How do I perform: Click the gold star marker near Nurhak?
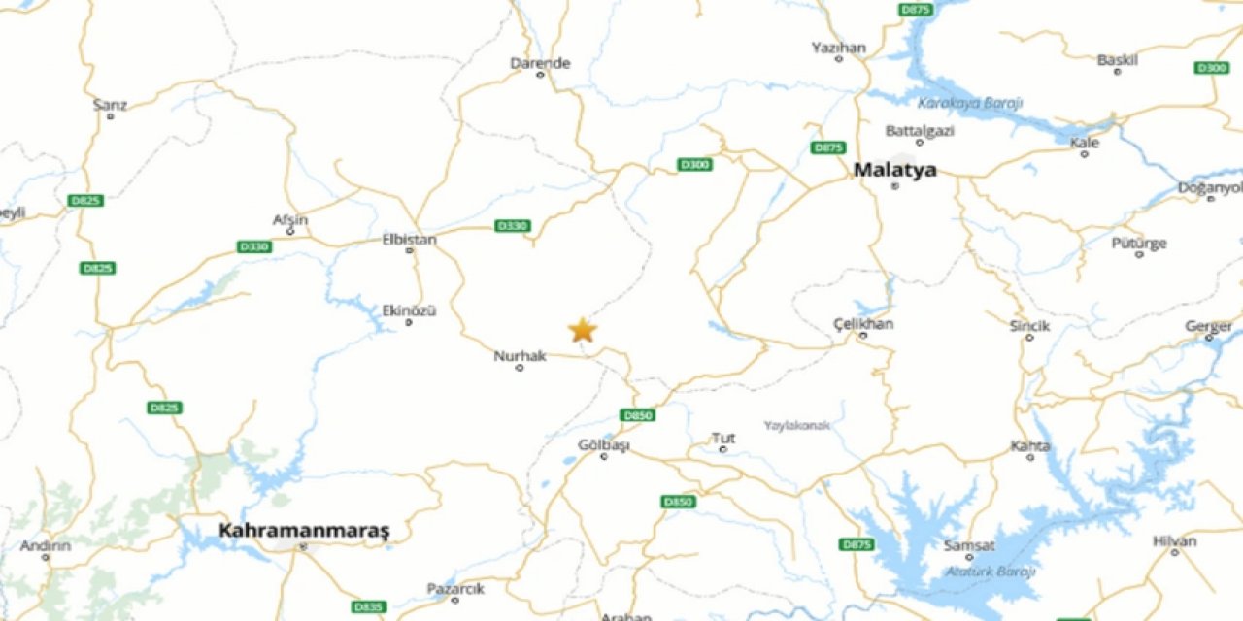tap(582, 330)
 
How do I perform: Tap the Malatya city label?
tap(894, 170)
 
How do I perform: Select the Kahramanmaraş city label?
tap(304, 530)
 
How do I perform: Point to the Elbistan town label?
tap(410, 239)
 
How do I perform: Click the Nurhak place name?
tap(520, 356)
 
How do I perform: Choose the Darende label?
tap(540, 63)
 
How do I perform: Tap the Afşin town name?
tap(289, 220)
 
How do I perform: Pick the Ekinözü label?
tap(409, 310)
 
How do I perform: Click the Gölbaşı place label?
tap(603, 445)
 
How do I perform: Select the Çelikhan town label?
tap(862, 324)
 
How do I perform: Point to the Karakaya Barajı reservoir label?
tap(969, 103)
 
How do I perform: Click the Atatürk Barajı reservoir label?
tap(990, 572)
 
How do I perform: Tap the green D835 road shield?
tap(368, 606)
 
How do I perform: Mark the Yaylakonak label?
tap(796, 425)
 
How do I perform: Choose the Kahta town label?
tap(1029, 445)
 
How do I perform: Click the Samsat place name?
tap(969, 545)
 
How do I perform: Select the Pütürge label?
tap(1138, 243)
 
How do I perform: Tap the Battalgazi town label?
tap(920, 130)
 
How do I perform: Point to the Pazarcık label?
tap(455, 588)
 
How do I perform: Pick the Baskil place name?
tap(1117, 60)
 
